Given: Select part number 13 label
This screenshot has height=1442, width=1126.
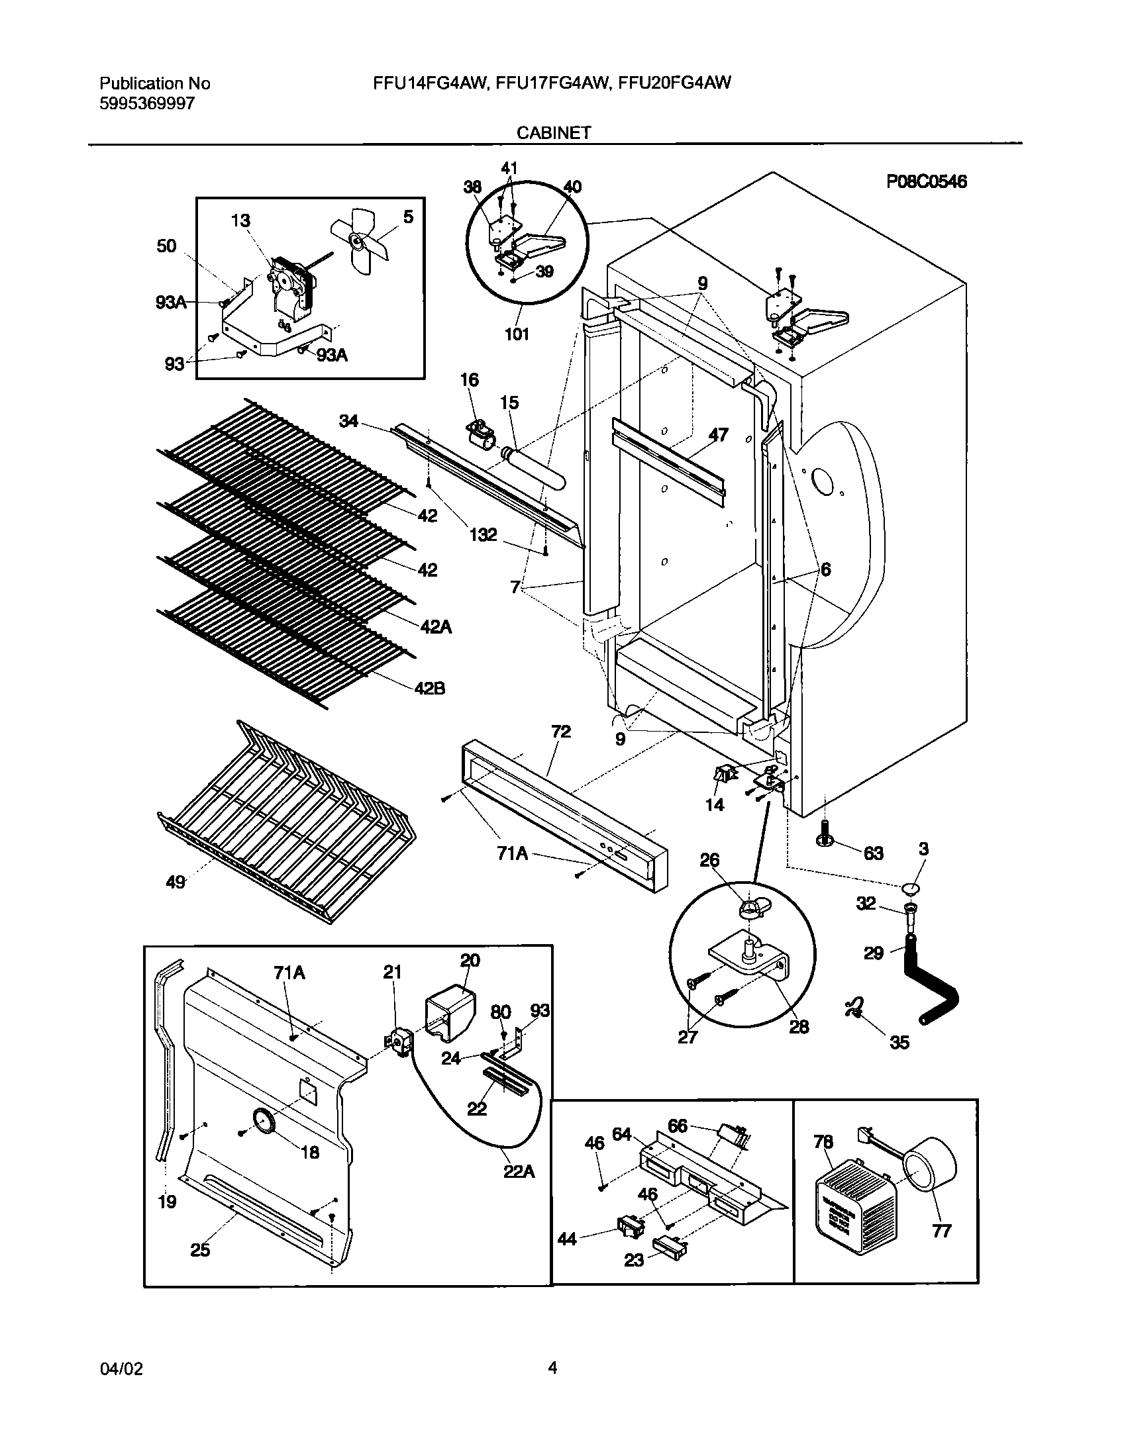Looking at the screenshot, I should (240, 220).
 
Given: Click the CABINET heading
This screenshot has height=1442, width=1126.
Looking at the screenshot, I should (554, 132).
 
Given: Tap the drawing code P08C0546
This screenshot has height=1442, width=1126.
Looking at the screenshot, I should (927, 181).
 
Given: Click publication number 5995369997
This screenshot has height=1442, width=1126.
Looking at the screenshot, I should (147, 103).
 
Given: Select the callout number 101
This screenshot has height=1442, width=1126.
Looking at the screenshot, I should (517, 334).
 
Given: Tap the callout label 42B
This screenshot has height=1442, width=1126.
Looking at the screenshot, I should (430, 689).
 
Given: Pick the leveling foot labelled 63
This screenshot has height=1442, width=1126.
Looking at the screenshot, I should (826, 835).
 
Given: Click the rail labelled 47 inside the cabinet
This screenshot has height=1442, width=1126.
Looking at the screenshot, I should (669, 457).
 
